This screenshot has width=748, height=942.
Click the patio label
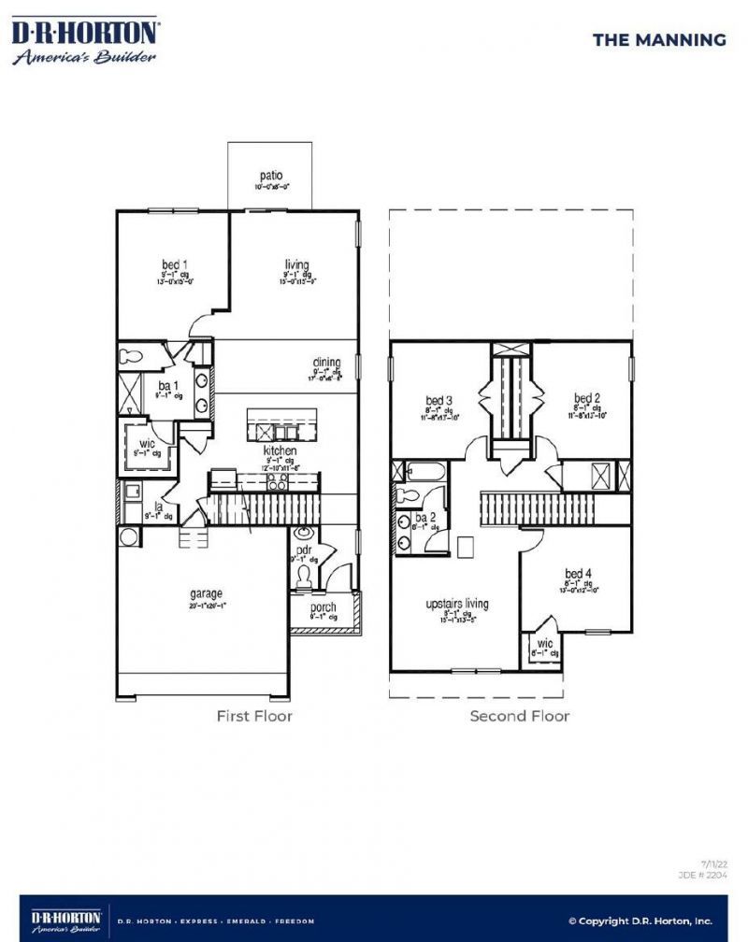click(271, 176)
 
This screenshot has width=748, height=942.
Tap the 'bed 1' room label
click(175, 264)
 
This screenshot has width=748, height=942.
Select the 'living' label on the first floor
click(296, 264)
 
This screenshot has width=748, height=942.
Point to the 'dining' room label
click(326, 363)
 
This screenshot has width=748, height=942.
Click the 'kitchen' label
click(280, 450)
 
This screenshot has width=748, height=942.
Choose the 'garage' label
click(206, 592)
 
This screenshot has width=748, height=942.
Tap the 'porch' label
click(324, 607)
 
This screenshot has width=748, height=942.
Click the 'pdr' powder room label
click(303, 551)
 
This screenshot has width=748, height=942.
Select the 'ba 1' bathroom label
click(165, 386)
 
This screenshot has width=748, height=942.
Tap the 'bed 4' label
click(578, 573)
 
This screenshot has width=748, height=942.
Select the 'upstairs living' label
click(457, 604)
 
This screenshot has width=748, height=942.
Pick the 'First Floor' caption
click(254, 716)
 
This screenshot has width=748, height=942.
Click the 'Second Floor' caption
click(519, 716)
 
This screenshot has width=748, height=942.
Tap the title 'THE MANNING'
click(659, 39)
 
